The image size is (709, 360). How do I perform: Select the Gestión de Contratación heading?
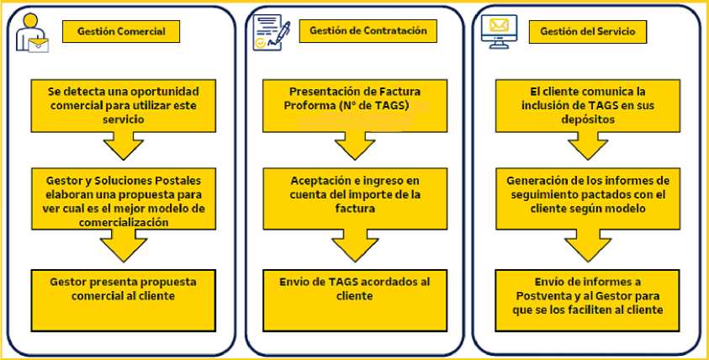point(368,31)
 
